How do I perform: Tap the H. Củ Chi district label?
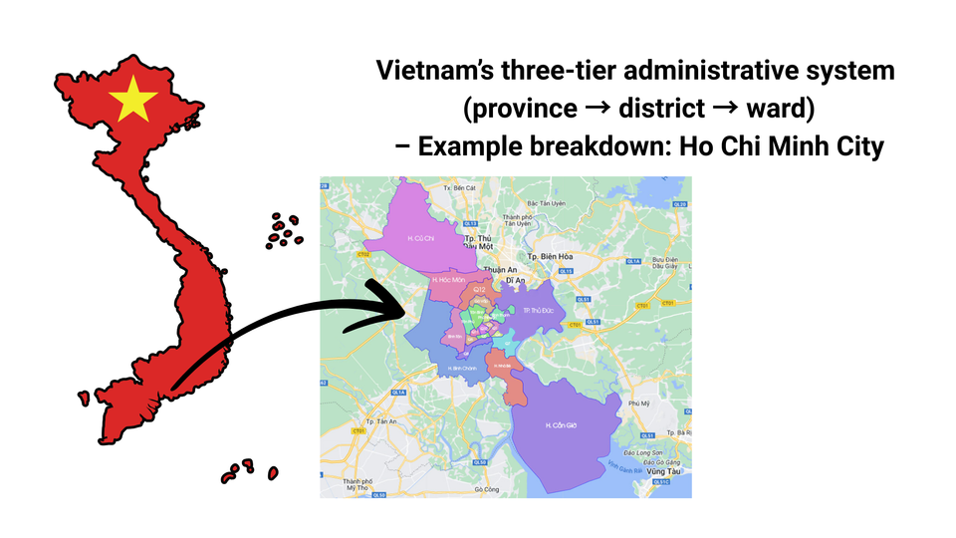[x=423, y=238]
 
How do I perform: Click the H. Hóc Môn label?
[x=449, y=280]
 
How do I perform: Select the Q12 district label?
[x=479, y=289]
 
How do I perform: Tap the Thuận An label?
[x=495, y=269]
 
